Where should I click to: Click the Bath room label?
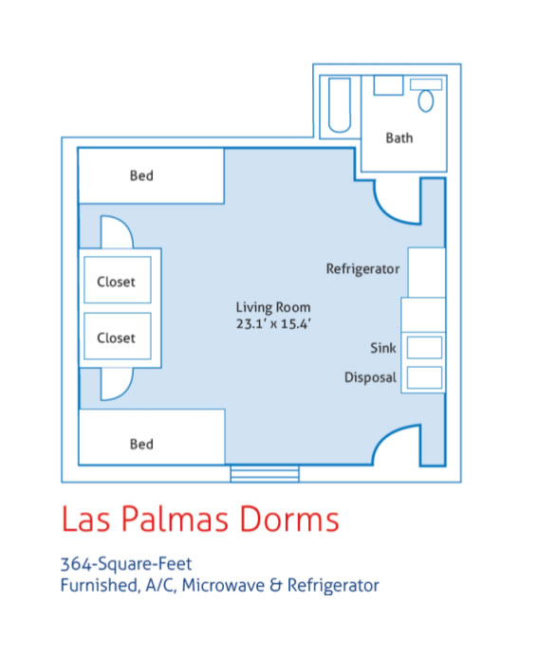tap(399, 138)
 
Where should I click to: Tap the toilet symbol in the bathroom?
tap(427, 99)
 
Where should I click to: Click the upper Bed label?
tap(141, 175)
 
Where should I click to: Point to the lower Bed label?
tap(141, 444)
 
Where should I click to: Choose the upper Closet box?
tap(117, 282)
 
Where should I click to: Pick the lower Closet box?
tap(117, 338)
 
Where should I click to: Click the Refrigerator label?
tap(362, 269)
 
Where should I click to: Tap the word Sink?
tap(383, 348)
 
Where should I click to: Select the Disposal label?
tap(370, 377)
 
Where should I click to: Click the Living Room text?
tap(273, 307)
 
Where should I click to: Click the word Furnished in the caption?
tap(98, 585)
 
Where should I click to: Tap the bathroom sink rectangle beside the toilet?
tap(389, 86)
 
